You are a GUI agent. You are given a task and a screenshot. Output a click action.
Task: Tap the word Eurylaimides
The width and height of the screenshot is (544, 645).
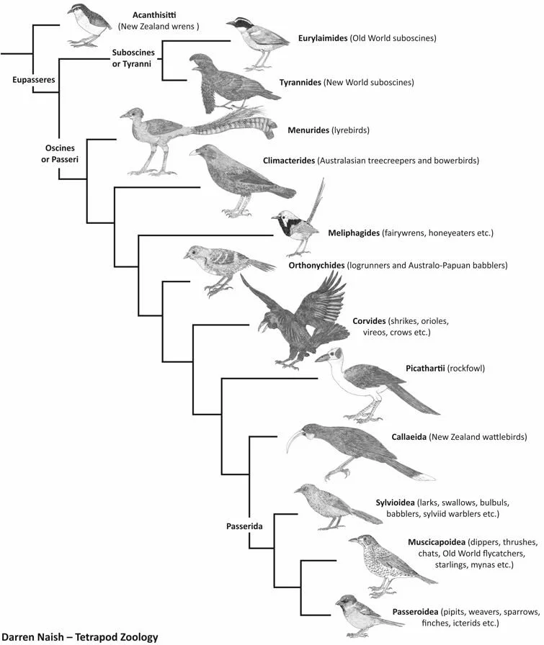click(x=322, y=37)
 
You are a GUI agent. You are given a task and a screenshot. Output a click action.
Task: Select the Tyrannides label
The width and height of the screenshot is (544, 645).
click(x=300, y=83)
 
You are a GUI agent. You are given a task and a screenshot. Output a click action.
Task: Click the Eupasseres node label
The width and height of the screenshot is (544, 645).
click(x=33, y=81)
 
